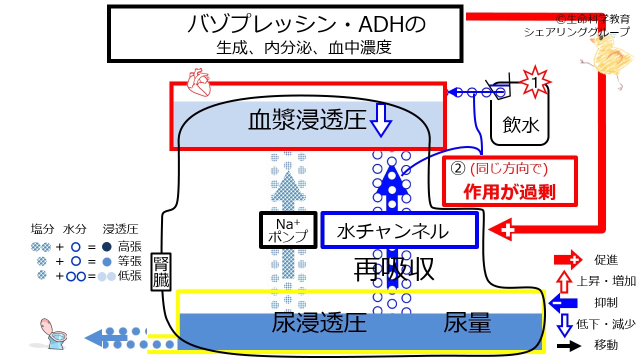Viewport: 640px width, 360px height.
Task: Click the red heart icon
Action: [x=199, y=82]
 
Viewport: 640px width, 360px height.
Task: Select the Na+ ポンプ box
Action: [x=288, y=230]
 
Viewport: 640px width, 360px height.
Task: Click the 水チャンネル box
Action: [x=399, y=230]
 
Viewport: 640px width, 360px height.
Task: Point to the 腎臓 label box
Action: [x=161, y=272]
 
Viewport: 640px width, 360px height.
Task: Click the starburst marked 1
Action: [x=535, y=82]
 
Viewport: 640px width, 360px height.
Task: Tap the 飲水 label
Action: [x=520, y=125]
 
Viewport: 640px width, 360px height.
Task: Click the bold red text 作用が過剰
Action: [x=509, y=191]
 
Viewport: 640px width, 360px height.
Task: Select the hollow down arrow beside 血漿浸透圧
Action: [x=381, y=120]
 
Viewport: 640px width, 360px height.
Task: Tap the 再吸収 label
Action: [x=394, y=269]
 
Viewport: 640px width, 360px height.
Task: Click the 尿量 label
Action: [x=467, y=322]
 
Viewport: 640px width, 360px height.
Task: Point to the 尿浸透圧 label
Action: [x=319, y=322]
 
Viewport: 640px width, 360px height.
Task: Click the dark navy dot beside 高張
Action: [x=106, y=247]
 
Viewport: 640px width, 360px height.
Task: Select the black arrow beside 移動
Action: [x=569, y=346]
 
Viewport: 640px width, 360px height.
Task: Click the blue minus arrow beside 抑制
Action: [x=563, y=303]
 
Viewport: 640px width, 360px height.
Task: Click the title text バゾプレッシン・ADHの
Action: [x=307, y=24]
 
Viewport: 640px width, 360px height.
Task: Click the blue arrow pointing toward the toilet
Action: [x=105, y=338]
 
